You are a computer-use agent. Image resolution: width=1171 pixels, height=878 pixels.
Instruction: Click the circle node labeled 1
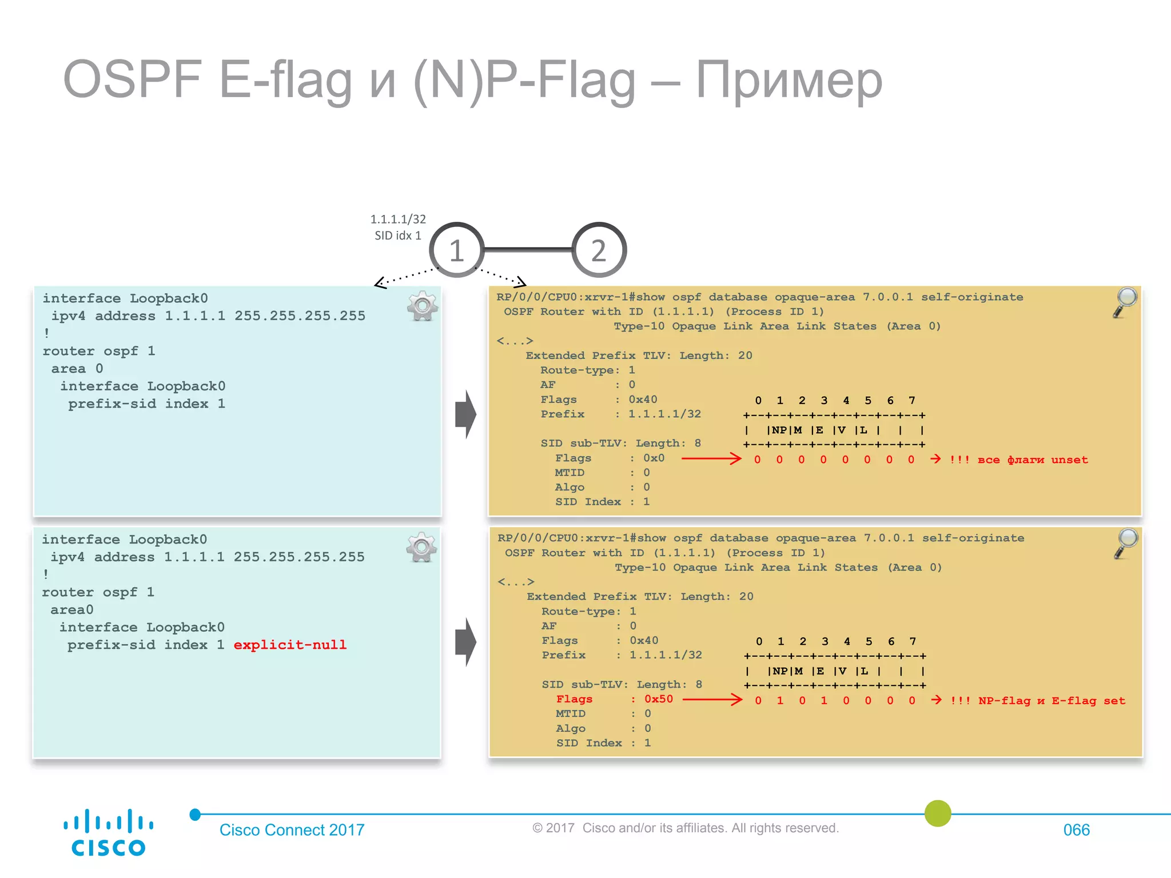(456, 250)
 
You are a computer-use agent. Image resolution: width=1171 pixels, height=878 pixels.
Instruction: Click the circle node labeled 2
(599, 250)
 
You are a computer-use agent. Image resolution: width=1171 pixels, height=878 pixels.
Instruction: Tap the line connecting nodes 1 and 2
(528, 249)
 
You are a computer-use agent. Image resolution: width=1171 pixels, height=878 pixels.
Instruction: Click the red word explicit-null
(290, 645)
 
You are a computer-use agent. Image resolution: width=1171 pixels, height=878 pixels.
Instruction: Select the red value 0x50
(659, 699)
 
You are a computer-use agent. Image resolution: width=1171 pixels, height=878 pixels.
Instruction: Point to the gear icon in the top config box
(423, 306)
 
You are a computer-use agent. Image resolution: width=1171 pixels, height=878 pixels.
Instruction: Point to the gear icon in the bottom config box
(421, 548)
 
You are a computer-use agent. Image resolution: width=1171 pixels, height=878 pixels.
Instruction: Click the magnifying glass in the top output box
(1125, 302)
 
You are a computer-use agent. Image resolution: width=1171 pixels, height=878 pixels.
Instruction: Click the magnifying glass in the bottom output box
(1126, 543)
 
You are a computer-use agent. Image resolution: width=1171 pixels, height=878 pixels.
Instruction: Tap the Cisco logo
(108, 832)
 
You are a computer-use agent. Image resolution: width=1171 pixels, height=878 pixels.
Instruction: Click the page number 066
(1076, 830)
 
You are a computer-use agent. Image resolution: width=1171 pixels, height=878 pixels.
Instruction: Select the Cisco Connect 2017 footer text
(292, 830)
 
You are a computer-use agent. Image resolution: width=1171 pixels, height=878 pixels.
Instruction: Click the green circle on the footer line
(938, 813)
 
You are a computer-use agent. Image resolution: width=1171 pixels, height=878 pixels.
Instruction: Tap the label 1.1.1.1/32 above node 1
(398, 219)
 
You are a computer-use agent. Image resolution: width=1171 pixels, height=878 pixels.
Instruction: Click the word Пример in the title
(789, 80)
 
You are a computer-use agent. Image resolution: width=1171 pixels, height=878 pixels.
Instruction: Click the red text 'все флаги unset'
(1032, 460)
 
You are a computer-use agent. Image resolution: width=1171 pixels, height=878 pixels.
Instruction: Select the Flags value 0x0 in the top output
(654, 458)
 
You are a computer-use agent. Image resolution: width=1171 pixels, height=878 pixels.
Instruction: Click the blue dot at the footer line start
(195, 815)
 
